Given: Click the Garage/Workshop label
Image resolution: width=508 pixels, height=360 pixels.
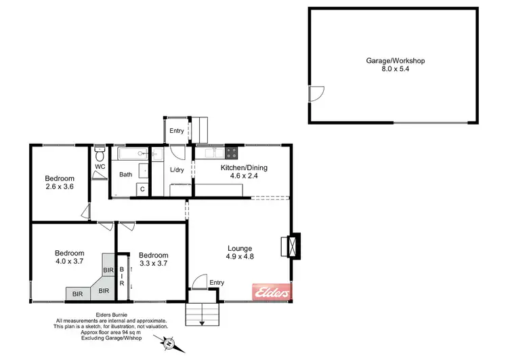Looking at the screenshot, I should pyautogui.click(x=395, y=60).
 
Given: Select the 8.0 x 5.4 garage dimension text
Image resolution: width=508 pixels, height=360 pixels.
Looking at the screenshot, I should pyautogui.click(x=395, y=69).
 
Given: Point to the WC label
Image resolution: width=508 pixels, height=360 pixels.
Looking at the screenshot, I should pyautogui.click(x=100, y=166).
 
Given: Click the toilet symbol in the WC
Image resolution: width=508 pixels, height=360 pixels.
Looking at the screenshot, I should pyautogui.click(x=100, y=151).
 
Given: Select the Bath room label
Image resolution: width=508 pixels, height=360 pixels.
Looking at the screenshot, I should pyautogui.click(x=126, y=174).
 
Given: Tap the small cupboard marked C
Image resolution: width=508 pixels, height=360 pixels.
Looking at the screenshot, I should pyautogui.click(x=142, y=189).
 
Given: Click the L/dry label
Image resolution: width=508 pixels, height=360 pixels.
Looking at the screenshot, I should pyautogui.click(x=177, y=169).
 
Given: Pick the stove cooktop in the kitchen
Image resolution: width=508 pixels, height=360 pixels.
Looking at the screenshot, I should pyautogui.click(x=232, y=152).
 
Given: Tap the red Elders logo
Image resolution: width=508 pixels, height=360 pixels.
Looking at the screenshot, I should pyautogui.click(x=272, y=292).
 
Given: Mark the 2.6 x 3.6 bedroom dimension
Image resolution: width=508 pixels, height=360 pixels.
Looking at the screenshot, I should pyautogui.click(x=60, y=186).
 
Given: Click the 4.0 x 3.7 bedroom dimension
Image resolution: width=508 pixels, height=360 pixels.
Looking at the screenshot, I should pyautogui.click(x=69, y=261).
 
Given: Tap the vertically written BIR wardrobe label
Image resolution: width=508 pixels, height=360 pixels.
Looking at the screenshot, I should pyautogui.click(x=123, y=275).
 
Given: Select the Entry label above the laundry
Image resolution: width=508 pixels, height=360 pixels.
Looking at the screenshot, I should pyautogui.click(x=176, y=131).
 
